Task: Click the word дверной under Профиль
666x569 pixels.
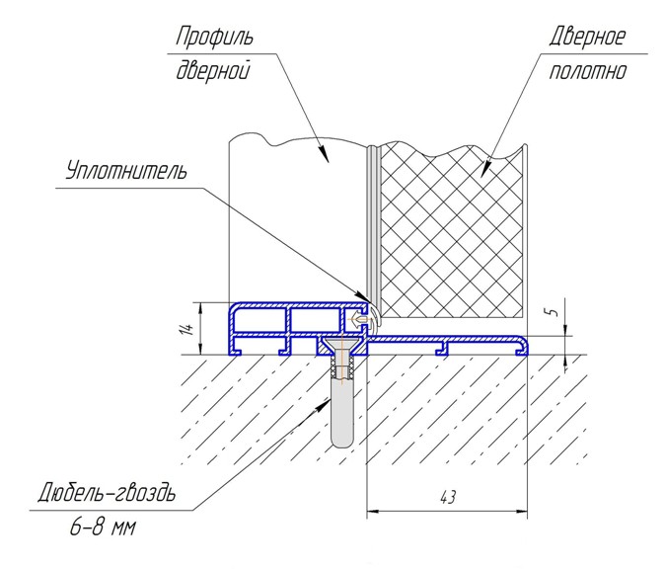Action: tap(210, 72)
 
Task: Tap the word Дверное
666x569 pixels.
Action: tap(586, 39)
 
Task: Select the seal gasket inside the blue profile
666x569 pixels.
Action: tap(363, 318)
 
